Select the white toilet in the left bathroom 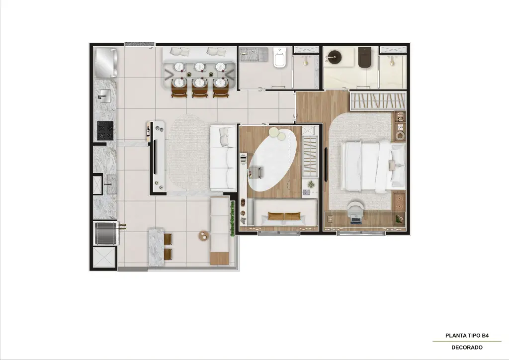[279, 58]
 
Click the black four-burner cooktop [105, 130]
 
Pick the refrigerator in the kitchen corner [106, 62]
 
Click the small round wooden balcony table [204, 236]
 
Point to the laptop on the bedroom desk [355, 219]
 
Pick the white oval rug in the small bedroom [273, 160]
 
